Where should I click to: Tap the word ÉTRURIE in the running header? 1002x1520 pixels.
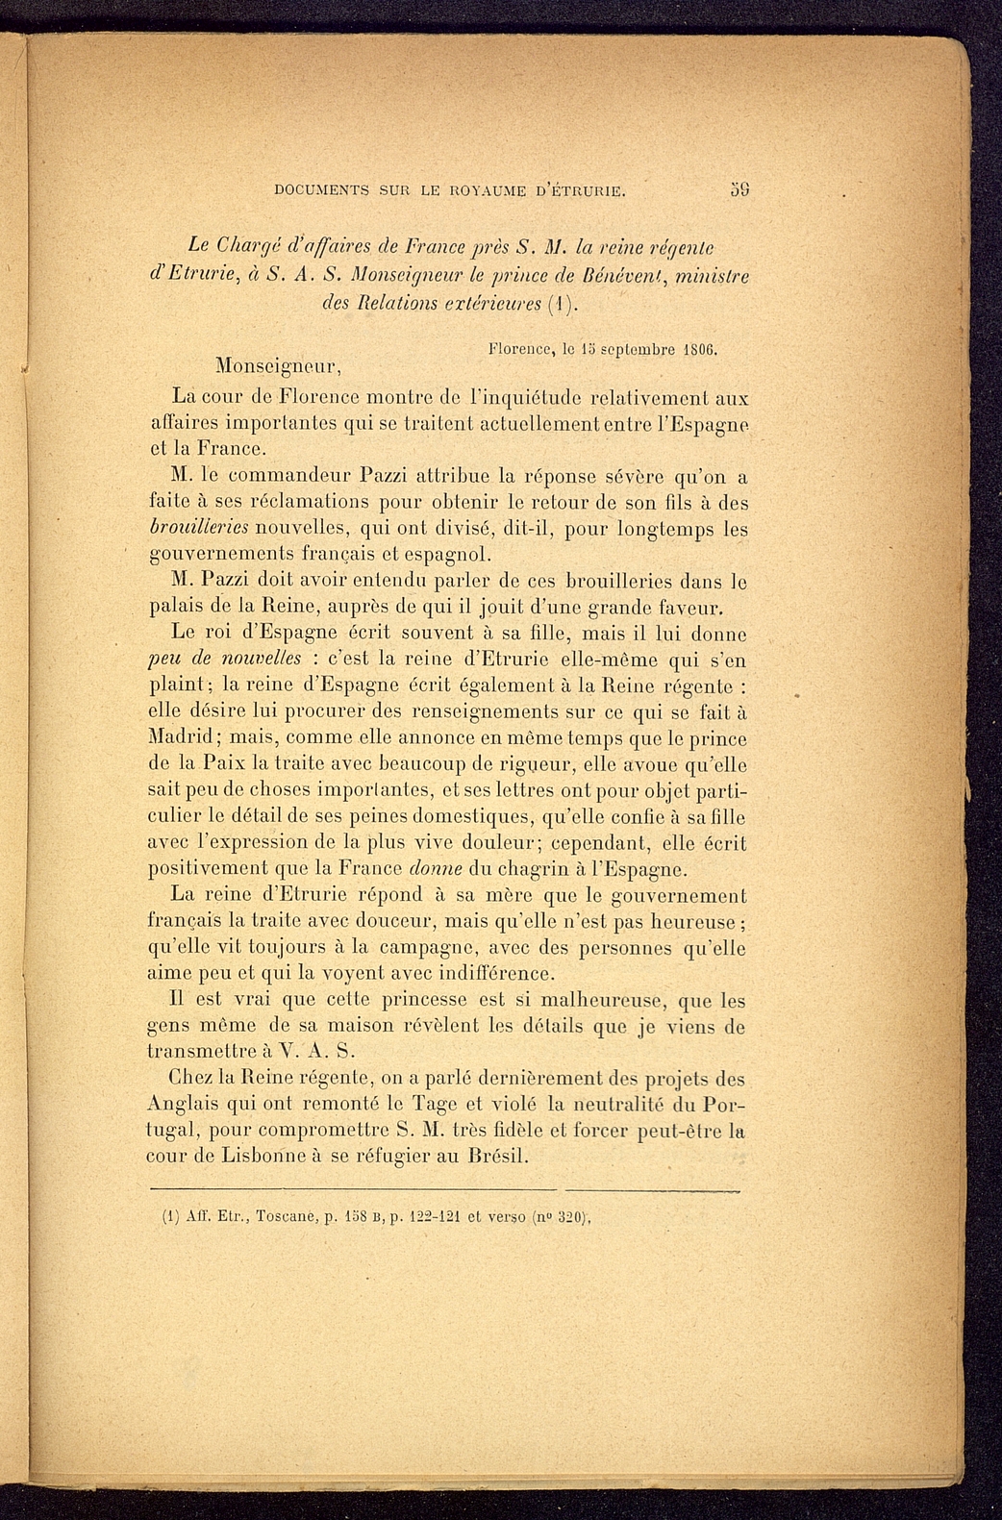tap(587, 190)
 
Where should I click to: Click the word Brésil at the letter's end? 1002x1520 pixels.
tap(497, 1156)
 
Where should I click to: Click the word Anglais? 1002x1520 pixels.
tap(188, 1104)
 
